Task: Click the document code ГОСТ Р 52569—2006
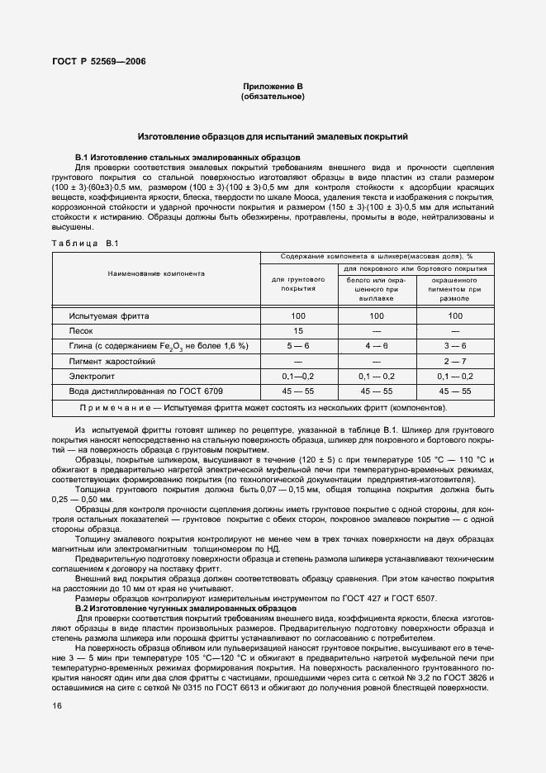coord(99,60)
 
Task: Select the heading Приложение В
coord(273,87)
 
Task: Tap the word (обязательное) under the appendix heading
coord(273,97)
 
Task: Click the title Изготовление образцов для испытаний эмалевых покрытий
coord(273,136)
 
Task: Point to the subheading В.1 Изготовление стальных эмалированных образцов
coord(188,157)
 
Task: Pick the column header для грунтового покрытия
coord(298,285)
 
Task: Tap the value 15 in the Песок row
coord(298,330)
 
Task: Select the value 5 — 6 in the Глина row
coord(298,345)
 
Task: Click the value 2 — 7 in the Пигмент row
coord(455,361)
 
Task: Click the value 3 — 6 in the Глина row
coord(455,345)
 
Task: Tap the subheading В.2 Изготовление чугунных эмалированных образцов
coord(188,608)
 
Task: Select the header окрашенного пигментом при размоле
coord(455,290)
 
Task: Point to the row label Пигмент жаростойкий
coord(112,361)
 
